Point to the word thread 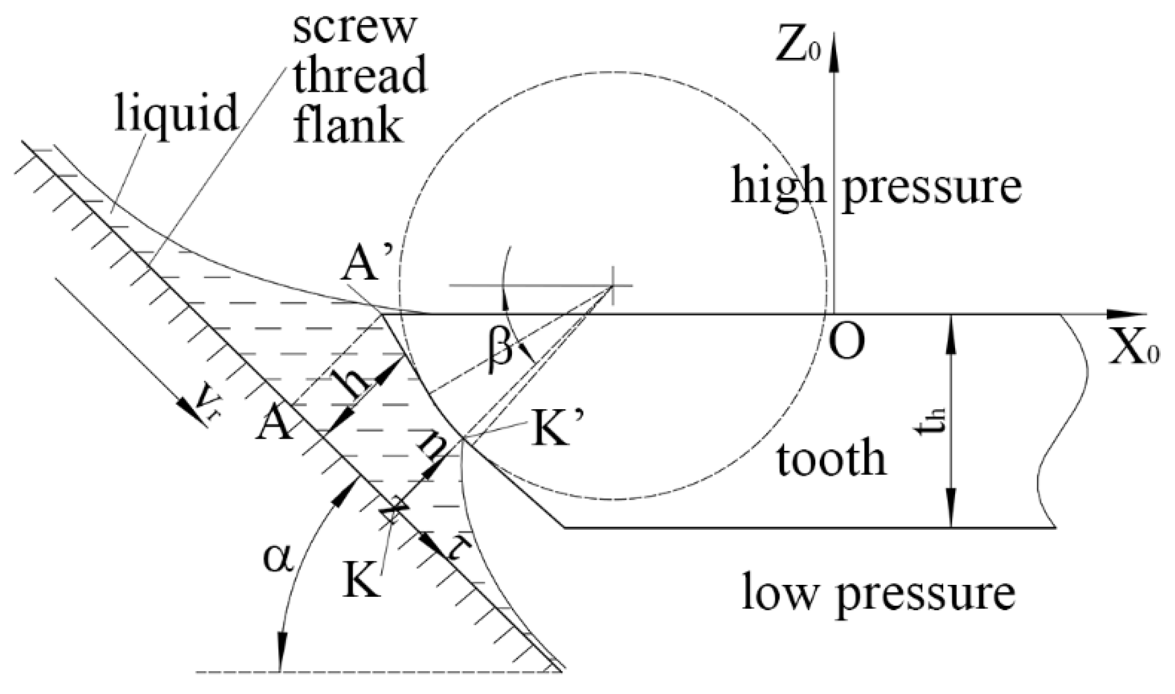pyautogui.click(x=360, y=76)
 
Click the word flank pyautogui.click(x=349, y=125)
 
